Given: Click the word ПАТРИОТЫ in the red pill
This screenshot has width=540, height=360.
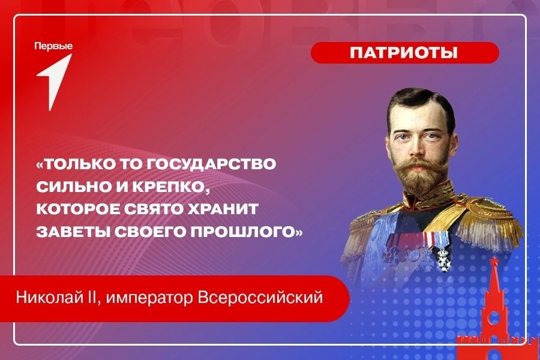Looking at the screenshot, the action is pos(404,53).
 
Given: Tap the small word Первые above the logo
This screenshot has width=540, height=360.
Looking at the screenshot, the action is pos(53,47).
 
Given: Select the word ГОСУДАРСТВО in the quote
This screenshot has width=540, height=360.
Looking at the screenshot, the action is pos(211,164).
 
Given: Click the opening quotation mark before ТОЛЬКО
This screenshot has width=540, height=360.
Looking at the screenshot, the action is pos(40,164).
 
